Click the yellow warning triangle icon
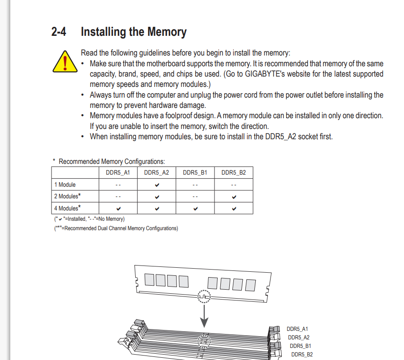point(65,62)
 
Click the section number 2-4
point(59,32)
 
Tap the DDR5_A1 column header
point(118,172)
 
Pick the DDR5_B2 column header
point(234,172)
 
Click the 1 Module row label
point(65,184)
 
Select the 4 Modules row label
point(68,208)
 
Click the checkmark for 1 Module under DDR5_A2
point(157,185)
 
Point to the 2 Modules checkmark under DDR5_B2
point(234,197)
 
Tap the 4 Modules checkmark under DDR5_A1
point(118,209)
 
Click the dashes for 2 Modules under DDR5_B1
point(195,197)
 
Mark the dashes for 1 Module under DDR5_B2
point(234,185)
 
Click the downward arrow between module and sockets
point(204,316)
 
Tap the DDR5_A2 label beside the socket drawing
point(299,337)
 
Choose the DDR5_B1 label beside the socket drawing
point(301,346)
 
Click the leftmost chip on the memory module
point(150,280)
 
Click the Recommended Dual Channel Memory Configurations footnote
point(116,228)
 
